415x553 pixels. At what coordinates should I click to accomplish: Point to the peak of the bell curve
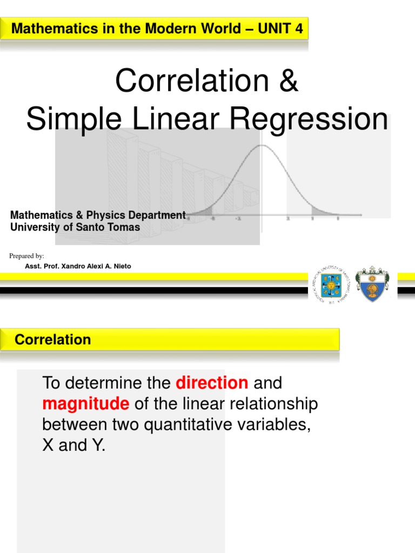pyautogui.click(x=262, y=146)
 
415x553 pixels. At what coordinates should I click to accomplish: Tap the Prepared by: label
pyautogui.click(x=27, y=255)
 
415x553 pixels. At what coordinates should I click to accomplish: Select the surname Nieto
pyautogui.click(x=121, y=266)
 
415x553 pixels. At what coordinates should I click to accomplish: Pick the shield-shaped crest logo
pyautogui.click(x=372, y=284)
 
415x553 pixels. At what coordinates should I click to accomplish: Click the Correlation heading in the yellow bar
pyautogui.click(x=53, y=340)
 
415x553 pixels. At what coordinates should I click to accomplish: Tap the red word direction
pyautogui.click(x=212, y=383)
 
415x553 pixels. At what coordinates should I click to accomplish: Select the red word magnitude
pyautogui.click(x=86, y=404)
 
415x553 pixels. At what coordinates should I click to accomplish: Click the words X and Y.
pyautogui.click(x=73, y=446)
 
